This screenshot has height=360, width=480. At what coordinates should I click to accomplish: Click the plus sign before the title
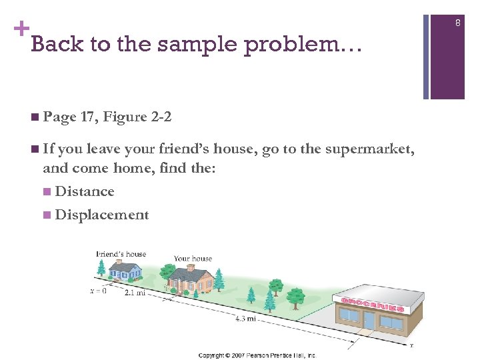pos(21,29)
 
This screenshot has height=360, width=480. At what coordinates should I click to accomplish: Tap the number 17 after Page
pos(87,117)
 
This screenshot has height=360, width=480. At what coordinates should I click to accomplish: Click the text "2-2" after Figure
pos(161,117)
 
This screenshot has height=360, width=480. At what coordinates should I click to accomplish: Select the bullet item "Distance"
pos(85,192)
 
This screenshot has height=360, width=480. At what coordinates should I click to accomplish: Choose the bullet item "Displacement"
pos(102,215)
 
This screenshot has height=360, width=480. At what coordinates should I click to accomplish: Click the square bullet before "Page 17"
pos(34,118)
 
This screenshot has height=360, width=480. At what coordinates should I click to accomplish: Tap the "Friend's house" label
pos(121,254)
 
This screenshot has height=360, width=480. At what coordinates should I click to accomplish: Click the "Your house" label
pos(193,259)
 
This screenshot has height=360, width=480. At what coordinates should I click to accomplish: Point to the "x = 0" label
pos(98,291)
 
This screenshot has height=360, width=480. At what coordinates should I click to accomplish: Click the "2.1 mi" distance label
pos(135,293)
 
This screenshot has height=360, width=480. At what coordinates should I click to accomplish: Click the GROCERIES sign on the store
pos(373,305)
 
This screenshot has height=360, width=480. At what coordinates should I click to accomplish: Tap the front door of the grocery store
pos(369,323)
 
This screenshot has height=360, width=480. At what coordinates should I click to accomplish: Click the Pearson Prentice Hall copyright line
pos(257,355)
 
